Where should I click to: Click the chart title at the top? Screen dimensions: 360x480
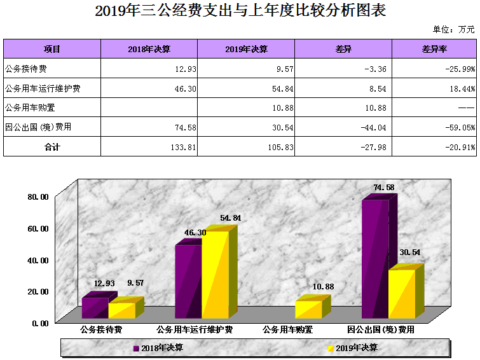click(x=240, y=11)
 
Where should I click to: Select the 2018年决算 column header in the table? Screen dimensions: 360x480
click(x=149, y=49)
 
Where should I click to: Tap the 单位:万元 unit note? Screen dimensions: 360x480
click(x=454, y=29)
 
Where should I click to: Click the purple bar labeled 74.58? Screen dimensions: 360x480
click(x=374, y=258)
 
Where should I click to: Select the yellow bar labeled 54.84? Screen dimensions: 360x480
click(x=215, y=273)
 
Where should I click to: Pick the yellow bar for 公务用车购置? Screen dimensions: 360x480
click(x=308, y=309)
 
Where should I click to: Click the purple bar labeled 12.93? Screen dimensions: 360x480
click(x=94, y=308)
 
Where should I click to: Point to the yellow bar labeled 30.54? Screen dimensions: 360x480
click(x=401, y=293)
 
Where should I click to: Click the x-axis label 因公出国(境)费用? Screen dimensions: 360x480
click(x=381, y=330)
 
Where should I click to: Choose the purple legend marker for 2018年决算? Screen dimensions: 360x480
click(x=136, y=348)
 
